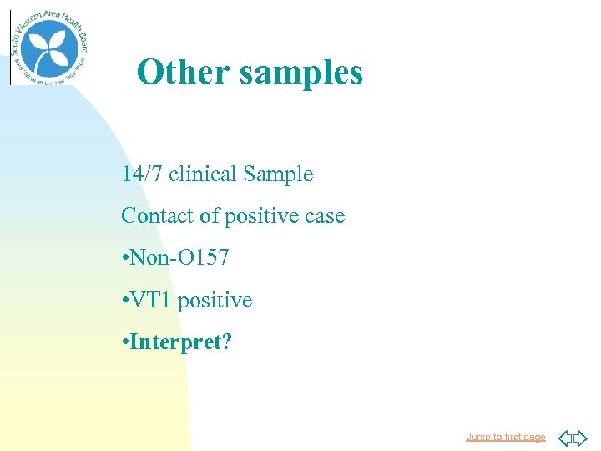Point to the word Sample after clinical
click(278, 175)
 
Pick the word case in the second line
click(325, 217)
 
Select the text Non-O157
click(179, 258)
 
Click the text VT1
click(150, 300)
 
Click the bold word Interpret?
click(181, 342)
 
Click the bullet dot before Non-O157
click(124, 259)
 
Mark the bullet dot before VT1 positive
click(124, 301)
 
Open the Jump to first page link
click(505, 437)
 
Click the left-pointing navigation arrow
click(563, 437)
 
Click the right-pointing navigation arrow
click(580, 437)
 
